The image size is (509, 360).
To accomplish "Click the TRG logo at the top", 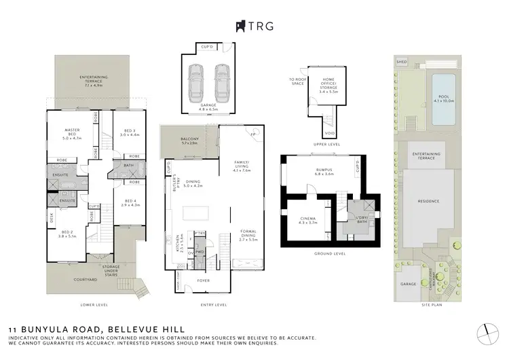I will (x=254, y=26).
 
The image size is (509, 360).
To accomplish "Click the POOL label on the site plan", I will (x=444, y=97).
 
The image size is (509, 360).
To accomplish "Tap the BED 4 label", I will (x=130, y=202).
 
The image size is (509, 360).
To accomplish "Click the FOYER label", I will (x=203, y=279).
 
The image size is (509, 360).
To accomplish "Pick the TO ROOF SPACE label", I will (x=297, y=82).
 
